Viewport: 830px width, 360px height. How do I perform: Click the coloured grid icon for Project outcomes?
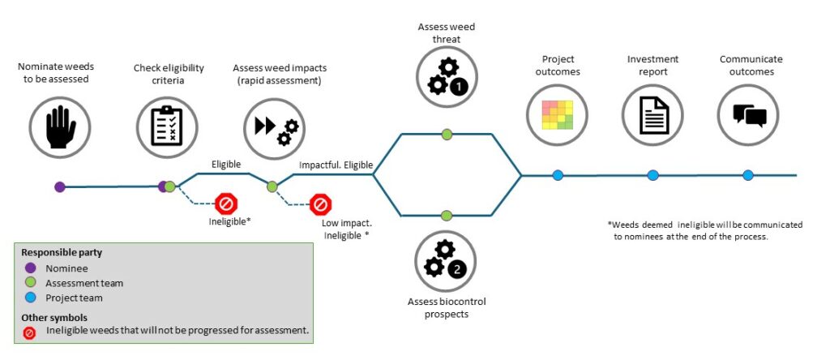coord(556,115)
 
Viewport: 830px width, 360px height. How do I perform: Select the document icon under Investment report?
coord(652,115)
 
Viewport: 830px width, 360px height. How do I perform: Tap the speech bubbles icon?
coord(748,115)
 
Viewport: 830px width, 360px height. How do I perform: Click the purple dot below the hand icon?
coord(59,186)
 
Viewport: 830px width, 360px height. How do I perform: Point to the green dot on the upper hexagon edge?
coord(447,134)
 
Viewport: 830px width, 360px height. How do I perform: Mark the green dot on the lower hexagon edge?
coord(446,216)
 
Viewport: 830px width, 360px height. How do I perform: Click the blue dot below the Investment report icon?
coord(652,175)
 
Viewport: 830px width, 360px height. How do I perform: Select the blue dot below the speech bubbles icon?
coord(748,175)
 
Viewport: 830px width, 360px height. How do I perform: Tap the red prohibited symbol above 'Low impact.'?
coord(321,204)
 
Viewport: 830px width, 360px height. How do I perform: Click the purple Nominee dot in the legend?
coord(31,268)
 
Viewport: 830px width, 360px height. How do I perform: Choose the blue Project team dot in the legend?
coord(31,298)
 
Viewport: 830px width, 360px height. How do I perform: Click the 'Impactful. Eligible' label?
coord(336,165)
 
